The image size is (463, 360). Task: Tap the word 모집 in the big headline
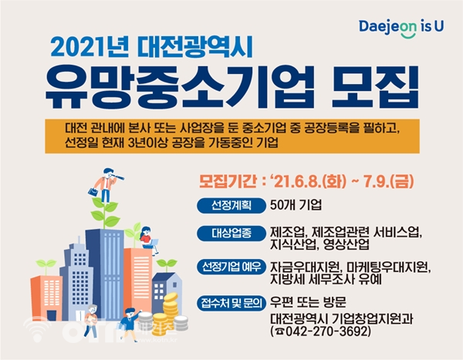(x=375, y=88)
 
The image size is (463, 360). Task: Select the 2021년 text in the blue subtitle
(x=90, y=47)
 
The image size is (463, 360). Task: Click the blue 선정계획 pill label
(x=231, y=205)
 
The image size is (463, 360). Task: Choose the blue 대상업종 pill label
(x=231, y=234)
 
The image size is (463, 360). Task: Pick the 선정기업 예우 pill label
(x=231, y=267)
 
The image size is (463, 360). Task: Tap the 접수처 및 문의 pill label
(x=231, y=303)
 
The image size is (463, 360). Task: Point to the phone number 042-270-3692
(x=324, y=331)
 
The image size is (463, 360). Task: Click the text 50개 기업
(x=296, y=205)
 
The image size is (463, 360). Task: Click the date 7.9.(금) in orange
(x=388, y=181)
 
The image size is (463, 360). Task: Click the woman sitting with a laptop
(x=149, y=241)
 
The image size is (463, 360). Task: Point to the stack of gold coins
(x=168, y=314)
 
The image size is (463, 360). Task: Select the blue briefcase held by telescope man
(x=93, y=192)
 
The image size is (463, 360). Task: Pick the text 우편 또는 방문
(x=308, y=302)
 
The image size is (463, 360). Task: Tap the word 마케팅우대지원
(x=389, y=267)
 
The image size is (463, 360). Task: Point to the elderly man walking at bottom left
(x=90, y=321)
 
